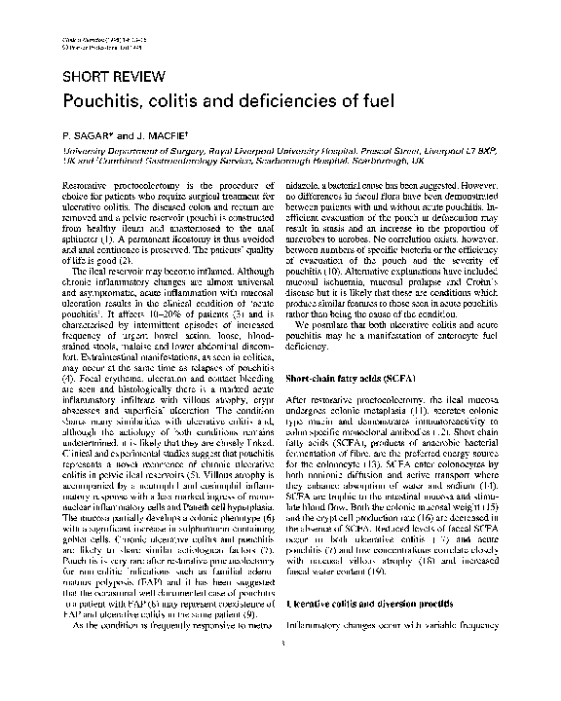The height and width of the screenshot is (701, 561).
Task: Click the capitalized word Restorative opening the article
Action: click(86, 184)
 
